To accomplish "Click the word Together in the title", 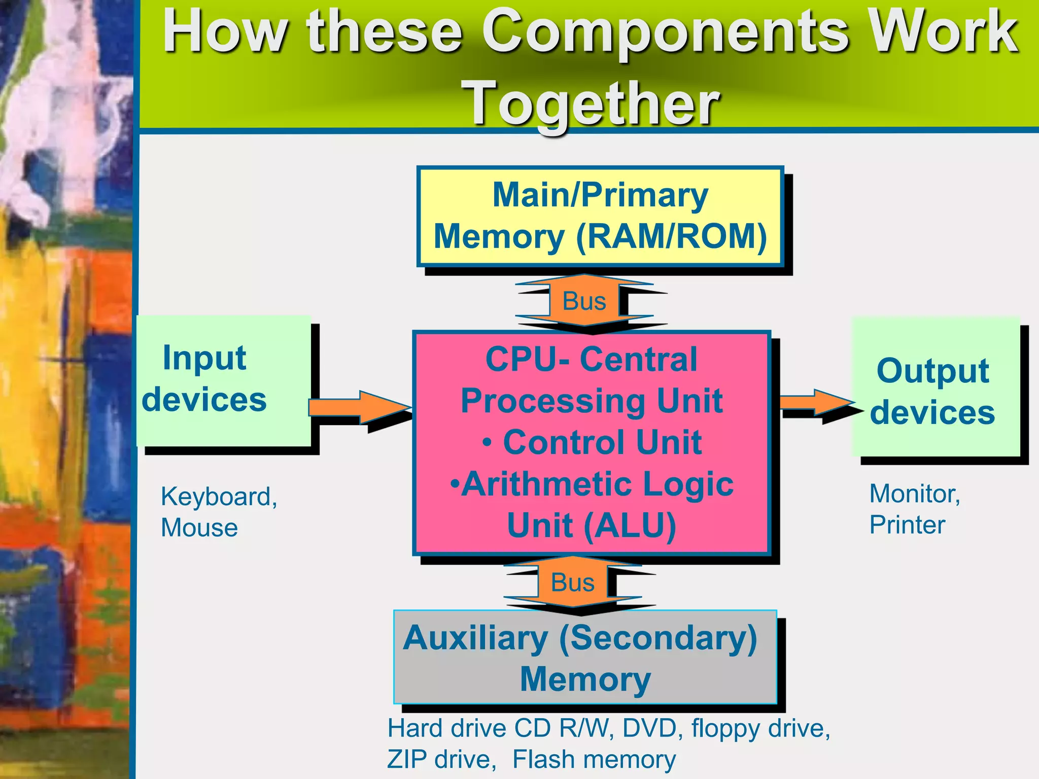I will coord(592,104).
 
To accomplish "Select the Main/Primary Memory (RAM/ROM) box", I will coord(600,217).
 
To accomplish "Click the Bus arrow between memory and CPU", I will coord(584,301).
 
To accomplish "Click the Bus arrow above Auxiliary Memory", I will coord(573,582).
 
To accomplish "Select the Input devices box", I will coord(224,380).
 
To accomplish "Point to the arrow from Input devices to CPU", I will coord(360,407).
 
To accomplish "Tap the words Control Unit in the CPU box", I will coord(602,442).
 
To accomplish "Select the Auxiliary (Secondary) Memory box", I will coord(585,657).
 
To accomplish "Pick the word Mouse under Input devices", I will coord(199,528).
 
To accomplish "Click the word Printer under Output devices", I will coord(907,525).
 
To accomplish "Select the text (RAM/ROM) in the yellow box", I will coord(671,237).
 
